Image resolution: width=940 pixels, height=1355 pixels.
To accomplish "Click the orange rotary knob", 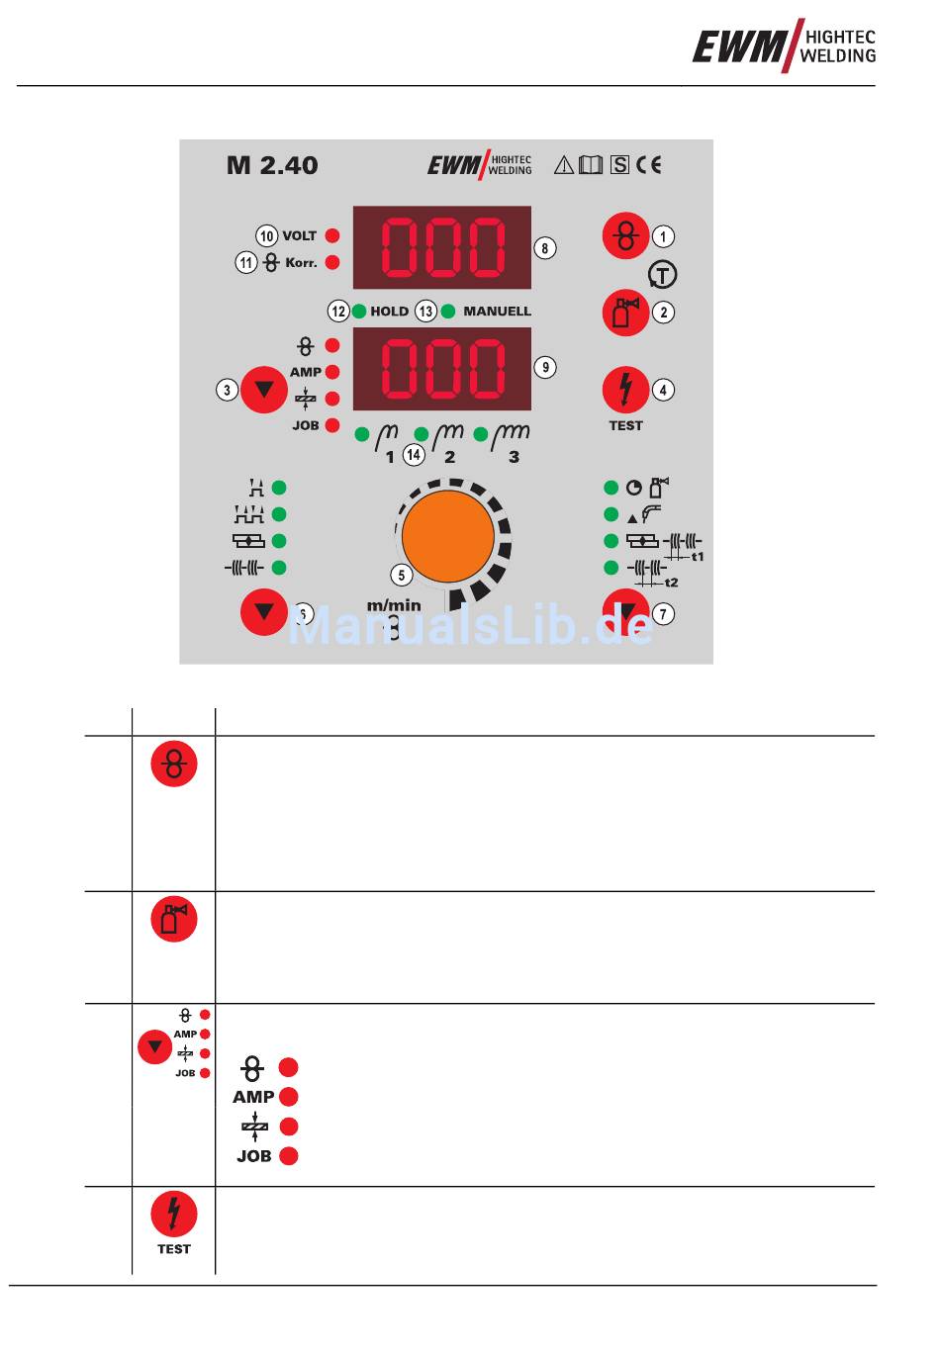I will click(448, 536).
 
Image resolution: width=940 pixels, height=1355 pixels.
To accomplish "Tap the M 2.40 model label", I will click(272, 165).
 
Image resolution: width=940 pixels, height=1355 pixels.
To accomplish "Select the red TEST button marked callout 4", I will click(625, 389).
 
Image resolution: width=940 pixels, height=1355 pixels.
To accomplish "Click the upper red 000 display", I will click(441, 246).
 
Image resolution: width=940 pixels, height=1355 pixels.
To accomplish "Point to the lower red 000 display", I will click(441, 368).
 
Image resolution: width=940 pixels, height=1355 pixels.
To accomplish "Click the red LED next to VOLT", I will click(332, 235).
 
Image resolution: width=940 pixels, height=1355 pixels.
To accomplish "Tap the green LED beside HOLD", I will click(358, 311).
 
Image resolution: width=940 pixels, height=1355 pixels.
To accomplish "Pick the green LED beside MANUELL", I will click(448, 311).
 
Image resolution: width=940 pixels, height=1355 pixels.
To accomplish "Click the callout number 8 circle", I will click(544, 247).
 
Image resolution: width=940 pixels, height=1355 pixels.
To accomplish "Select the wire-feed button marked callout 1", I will click(625, 235).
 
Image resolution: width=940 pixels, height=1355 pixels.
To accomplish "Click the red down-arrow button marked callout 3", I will click(263, 389).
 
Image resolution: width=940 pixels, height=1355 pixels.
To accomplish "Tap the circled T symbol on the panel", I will click(662, 274).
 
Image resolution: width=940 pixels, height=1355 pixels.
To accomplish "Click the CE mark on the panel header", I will click(649, 165).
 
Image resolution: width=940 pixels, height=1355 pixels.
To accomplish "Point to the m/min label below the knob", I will click(394, 605).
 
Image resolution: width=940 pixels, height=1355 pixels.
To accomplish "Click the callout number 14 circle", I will click(414, 455).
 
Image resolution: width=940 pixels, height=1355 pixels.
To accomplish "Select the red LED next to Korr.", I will click(332, 262).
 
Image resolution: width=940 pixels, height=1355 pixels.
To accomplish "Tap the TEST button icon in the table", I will click(173, 1215).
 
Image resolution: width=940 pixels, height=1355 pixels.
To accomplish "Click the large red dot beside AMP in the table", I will click(288, 1097).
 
